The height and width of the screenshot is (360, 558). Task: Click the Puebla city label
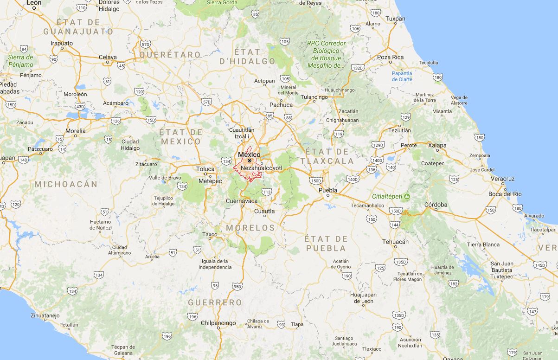click(x=327, y=190)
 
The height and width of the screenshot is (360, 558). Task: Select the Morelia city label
click(x=76, y=131)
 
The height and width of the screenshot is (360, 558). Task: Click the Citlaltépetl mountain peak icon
click(x=407, y=196)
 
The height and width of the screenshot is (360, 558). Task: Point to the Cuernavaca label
click(x=241, y=201)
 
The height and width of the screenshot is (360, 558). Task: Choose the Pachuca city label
click(x=281, y=105)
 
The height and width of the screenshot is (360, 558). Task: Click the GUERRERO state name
click(x=215, y=302)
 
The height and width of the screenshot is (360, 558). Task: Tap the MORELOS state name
click(x=250, y=228)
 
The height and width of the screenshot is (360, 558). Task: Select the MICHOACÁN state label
click(x=66, y=184)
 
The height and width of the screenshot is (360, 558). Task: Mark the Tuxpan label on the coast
click(x=395, y=19)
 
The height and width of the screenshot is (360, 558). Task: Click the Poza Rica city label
click(x=390, y=57)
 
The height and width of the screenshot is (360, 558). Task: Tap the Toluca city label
click(x=205, y=169)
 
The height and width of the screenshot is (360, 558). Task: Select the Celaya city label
click(x=108, y=58)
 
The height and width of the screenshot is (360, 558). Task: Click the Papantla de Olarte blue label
click(x=402, y=76)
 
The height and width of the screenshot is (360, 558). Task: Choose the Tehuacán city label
click(x=395, y=242)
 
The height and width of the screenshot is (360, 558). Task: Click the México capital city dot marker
click(x=250, y=161)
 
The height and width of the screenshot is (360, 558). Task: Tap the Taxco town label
click(x=210, y=235)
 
